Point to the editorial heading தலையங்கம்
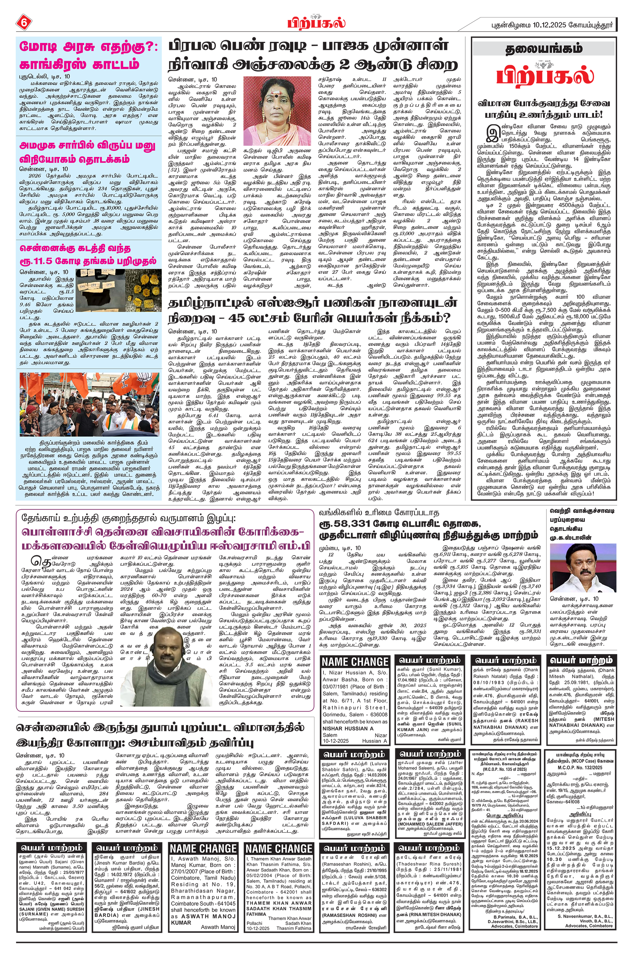click(544, 49)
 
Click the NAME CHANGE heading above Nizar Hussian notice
click(355, 662)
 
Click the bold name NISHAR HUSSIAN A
click(348, 728)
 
